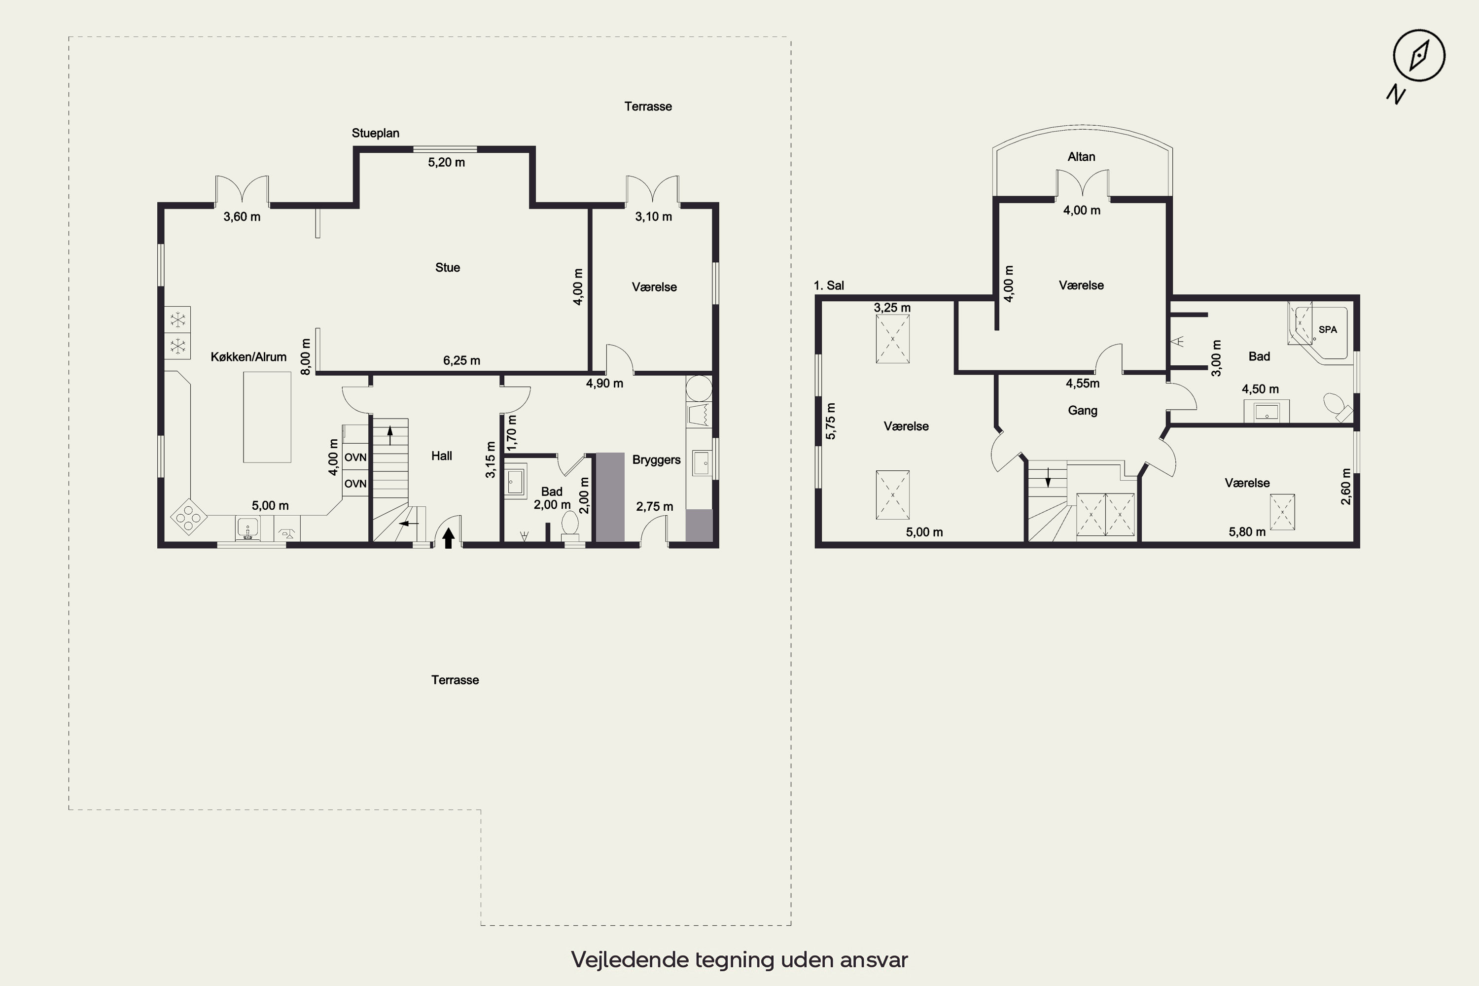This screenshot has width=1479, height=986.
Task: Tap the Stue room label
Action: coord(447,268)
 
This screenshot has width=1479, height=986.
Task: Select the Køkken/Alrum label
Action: coord(248,357)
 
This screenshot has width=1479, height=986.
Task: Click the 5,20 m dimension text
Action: coord(447,162)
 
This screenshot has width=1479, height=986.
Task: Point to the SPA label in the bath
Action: coord(1328,329)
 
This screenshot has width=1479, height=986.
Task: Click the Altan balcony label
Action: coord(1081,157)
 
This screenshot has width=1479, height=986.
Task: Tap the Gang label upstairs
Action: coord(1082,411)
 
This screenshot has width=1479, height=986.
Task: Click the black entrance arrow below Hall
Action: coord(448,538)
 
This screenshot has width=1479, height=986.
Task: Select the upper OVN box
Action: coord(355,457)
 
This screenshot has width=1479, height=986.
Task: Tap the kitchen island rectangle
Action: coord(267,417)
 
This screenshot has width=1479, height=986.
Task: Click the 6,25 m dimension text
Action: coord(461,361)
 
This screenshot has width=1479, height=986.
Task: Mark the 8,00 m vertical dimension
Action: coord(306,357)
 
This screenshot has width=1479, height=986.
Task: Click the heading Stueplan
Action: coord(375,133)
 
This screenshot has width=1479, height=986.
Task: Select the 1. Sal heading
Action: coord(829,285)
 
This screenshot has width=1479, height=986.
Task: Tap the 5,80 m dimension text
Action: coord(1247,532)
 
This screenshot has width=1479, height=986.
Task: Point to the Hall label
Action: coord(441,456)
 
